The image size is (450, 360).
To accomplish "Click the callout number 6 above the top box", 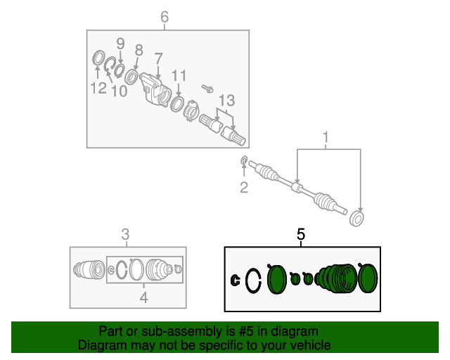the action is (165, 17).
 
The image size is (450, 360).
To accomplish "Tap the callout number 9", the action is (120, 44).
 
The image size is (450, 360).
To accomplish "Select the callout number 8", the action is (139, 50).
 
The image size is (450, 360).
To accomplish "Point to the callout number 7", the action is (158, 58).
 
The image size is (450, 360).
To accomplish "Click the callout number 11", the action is (179, 76).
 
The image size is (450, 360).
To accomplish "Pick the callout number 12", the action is (98, 88).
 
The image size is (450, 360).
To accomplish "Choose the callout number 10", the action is (119, 91).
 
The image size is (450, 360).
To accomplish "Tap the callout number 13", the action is (226, 101).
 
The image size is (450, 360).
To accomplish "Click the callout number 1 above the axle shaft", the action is (326, 137).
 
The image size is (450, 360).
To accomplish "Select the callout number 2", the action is (244, 188).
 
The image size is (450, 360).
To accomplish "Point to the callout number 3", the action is (125, 234).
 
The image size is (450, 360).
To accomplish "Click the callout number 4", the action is (143, 297).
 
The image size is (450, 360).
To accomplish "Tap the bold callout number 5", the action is (300, 234).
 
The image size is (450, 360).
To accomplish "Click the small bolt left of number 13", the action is (207, 89).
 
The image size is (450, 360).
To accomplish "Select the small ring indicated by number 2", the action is (244, 161).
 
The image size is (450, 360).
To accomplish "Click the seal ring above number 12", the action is (98, 58).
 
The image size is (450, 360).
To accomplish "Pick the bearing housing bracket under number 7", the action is (155, 89).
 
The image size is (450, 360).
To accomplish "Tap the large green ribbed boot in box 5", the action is (336, 278).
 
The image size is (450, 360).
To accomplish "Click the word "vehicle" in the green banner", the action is (312, 345).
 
